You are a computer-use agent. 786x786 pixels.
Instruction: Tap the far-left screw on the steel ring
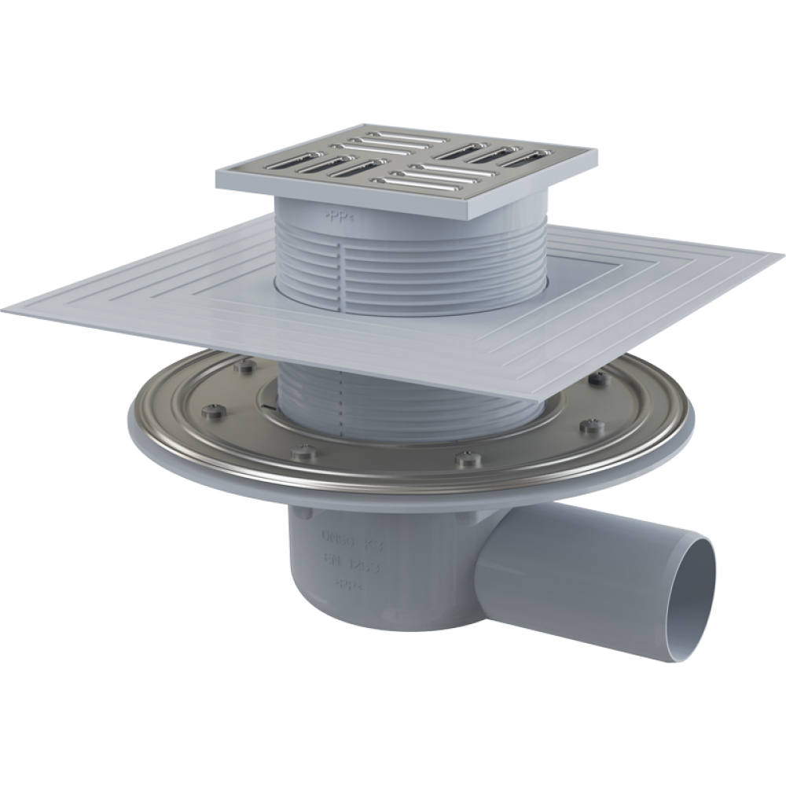coord(214,411)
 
